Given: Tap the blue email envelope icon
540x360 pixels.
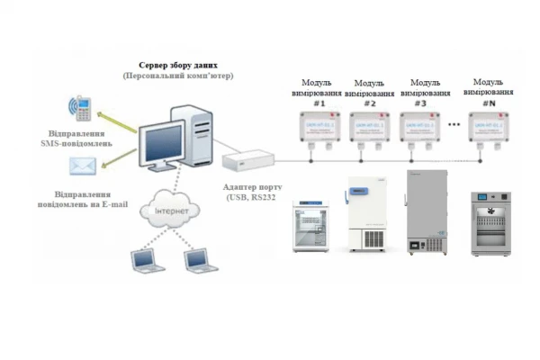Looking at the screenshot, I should [85, 166].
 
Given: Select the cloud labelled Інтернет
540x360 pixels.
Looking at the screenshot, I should [172, 211].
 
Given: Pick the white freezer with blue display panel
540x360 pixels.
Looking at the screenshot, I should [367, 214].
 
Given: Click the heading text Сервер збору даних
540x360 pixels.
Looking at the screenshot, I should [178, 67].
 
